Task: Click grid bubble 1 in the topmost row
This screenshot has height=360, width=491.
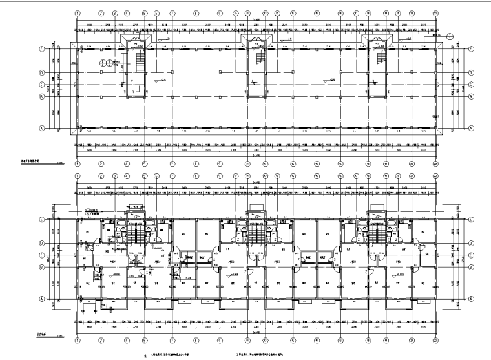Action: coord(77,12)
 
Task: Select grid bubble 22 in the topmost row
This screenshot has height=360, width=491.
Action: coord(435,12)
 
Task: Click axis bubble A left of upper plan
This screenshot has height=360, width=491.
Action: coord(59,128)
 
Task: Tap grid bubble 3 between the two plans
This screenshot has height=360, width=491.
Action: coord(115,176)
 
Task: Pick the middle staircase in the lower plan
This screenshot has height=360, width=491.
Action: coord(256,234)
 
